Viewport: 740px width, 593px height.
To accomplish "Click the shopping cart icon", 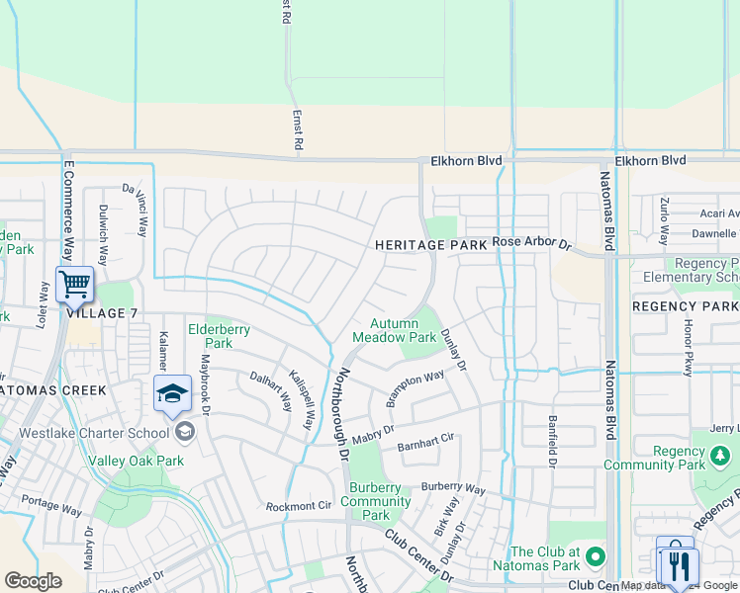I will (74, 285).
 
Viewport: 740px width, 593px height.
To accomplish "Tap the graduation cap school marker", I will (172, 392).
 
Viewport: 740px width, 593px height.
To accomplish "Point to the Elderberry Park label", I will (219, 336).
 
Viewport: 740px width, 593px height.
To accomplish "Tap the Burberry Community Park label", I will (375, 501).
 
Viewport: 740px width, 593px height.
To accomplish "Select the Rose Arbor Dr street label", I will (532, 242).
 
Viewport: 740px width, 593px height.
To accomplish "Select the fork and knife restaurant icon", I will (677, 564).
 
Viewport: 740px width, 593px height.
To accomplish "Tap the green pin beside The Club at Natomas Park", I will (594, 555).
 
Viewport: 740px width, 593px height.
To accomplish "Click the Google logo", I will (33, 581).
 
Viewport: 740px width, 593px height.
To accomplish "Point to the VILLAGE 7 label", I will (102, 313).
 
